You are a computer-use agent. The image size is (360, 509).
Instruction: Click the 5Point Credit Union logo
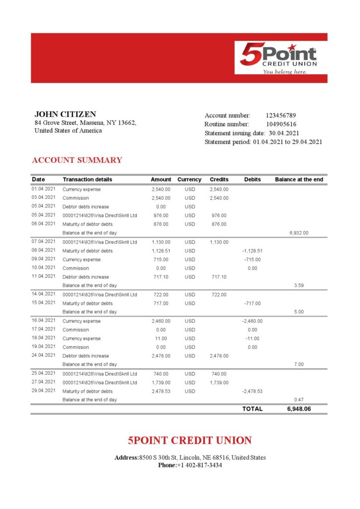coord(278,58)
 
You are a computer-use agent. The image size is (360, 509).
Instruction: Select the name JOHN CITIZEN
coord(65,114)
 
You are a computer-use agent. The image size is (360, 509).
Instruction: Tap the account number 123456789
coord(281,115)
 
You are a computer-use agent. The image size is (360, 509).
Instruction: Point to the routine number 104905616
coord(281,124)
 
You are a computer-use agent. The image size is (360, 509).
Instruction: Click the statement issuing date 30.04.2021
coord(284,133)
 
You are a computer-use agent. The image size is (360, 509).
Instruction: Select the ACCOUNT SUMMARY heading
coord(77,160)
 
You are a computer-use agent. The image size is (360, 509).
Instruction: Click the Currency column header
coord(189,179)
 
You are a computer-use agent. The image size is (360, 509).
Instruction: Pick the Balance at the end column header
coord(299,179)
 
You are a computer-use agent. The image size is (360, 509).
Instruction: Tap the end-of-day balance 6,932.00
coord(299,233)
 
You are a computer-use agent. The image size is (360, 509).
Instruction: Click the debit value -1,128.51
coord(253,251)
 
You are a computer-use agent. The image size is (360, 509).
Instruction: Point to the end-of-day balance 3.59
coord(299,285)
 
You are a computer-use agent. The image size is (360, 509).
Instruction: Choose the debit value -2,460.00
coord(252,321)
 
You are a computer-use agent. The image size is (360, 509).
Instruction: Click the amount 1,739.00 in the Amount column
coord(161,383)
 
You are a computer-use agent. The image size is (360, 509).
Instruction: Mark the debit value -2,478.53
coord(252,391)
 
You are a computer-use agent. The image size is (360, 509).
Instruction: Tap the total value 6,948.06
coord(298,409)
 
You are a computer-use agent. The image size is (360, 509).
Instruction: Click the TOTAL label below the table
coord(252,409)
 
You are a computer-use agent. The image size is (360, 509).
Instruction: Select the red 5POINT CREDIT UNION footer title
coord(189,440)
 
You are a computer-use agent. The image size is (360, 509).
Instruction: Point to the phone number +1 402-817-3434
coord(199,465)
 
